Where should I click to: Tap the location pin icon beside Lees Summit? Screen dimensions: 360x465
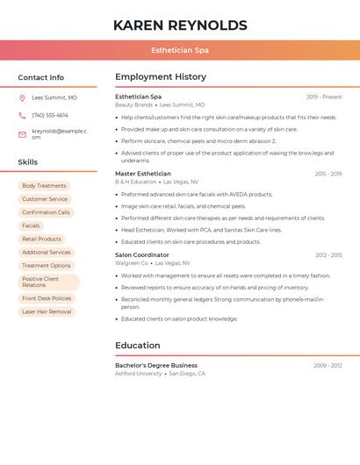22,98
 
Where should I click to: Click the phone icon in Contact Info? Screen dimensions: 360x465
22,115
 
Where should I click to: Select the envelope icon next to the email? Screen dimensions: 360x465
22,134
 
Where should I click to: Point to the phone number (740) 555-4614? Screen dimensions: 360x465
50,115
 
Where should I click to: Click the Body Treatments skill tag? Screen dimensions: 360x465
44,186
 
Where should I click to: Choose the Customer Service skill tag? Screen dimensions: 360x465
45,199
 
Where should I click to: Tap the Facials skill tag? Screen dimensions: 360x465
31,225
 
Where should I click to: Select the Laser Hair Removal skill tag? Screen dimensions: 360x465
47,311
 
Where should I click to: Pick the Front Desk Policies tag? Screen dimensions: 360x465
47,298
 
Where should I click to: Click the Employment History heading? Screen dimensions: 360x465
161,77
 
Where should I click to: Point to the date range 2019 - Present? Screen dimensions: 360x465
324,97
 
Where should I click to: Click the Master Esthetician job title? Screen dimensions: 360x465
143,174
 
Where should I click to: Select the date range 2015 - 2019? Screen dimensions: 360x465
328,174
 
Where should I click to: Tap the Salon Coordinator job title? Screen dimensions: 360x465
142,254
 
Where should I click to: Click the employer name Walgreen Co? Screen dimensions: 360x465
132,262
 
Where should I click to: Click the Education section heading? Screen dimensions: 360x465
138,346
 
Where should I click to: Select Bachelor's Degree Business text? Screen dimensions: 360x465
156,365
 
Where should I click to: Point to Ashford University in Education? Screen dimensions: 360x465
139,373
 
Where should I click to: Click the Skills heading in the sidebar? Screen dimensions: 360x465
27,162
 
